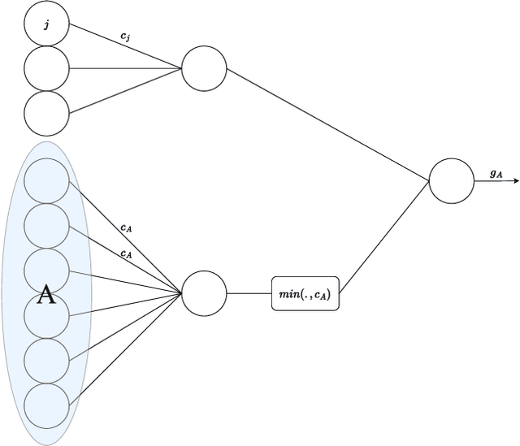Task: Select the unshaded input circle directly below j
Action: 46,68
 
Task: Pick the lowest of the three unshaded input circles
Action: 46,113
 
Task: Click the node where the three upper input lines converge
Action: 204,68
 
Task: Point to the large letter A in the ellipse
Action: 47,296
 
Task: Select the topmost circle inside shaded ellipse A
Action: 46,181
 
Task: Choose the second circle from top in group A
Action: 46,226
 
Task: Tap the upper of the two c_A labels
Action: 126,228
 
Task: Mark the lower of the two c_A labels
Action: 126,254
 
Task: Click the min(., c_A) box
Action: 305,293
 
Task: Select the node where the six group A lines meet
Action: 204,293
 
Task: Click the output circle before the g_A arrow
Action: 451,180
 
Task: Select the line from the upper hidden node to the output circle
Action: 325,123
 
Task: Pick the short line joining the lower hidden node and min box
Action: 249,293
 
